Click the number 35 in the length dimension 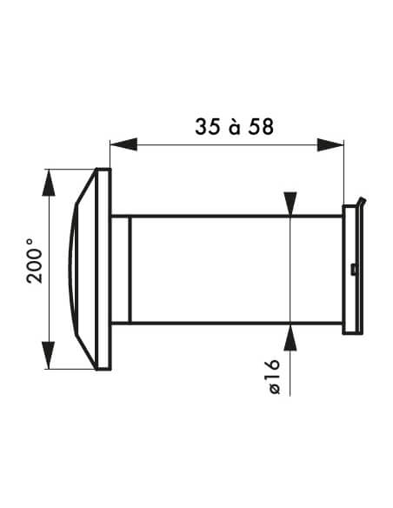coord(208,127)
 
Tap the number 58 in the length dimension coord(261,127)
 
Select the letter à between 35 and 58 coord(235,127)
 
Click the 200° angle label coord(34,261)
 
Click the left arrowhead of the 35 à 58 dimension coord(123,144)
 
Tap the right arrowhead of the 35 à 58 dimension coord(330,144)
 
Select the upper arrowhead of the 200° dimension coord(49,183)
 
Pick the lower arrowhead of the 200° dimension coord(49,355)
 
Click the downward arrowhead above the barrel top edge coord(290,204)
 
